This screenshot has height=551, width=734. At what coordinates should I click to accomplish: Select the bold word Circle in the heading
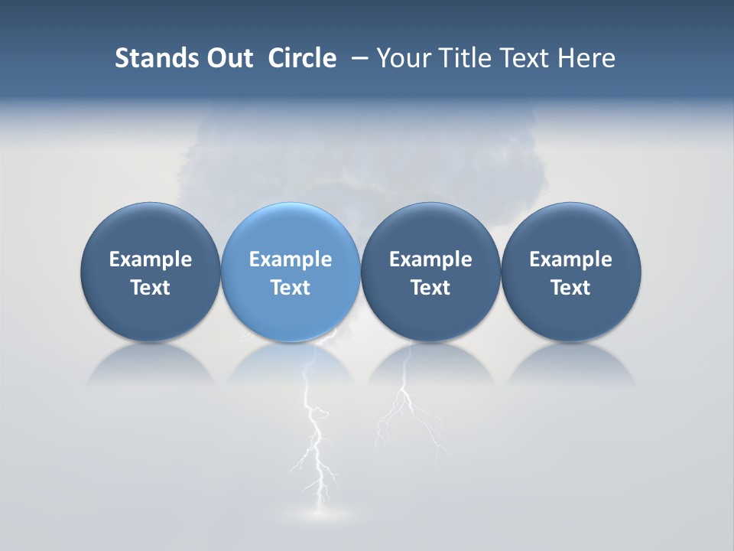[302, 58]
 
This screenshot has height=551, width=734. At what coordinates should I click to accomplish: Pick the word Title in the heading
[465, 58]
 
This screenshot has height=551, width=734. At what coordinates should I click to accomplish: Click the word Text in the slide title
[526, 58]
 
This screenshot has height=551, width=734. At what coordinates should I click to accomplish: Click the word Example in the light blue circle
[291, 259]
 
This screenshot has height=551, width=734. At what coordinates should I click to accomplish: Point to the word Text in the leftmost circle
[150, 288]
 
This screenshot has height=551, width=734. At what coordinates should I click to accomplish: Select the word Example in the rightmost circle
[570, 259]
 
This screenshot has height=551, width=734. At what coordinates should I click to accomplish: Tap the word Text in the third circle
[430, 288]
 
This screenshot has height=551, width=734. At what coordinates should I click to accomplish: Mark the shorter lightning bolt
[405, 406]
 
